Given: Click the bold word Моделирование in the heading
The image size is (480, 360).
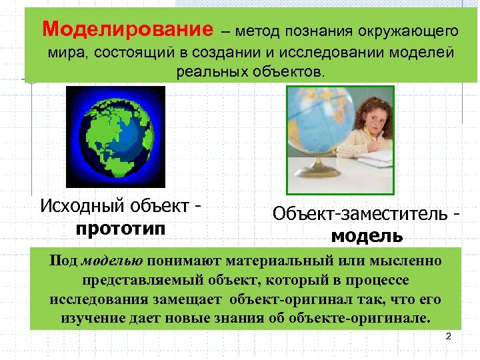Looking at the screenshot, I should coord(127,29).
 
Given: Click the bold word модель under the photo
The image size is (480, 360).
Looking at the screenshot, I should coord(367,235).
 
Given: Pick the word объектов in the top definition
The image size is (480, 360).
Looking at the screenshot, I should coord(289,71).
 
